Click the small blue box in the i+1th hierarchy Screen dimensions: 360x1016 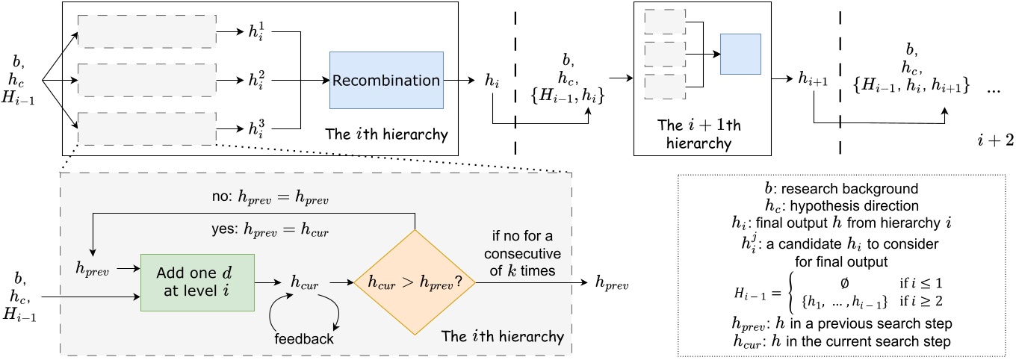(740, 54)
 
